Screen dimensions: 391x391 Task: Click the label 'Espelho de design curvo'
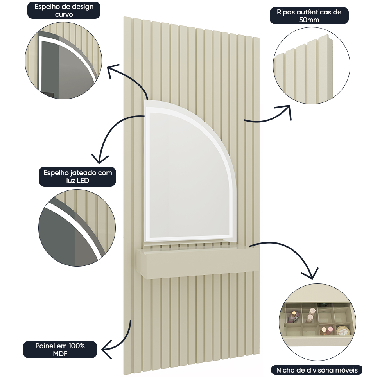pos(64,10)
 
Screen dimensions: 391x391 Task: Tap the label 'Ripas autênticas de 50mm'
pos(309,16)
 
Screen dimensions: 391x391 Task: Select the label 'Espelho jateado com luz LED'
pos(77,177)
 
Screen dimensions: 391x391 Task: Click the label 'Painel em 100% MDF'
pos(60,350)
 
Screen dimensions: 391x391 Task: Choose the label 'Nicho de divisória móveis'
pos(317,370)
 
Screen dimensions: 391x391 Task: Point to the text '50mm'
pos(309,20)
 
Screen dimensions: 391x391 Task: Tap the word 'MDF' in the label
pos(60,353)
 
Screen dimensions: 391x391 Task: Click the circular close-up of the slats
pos(312,66)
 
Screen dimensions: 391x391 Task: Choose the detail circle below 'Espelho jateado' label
pos(77,228)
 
